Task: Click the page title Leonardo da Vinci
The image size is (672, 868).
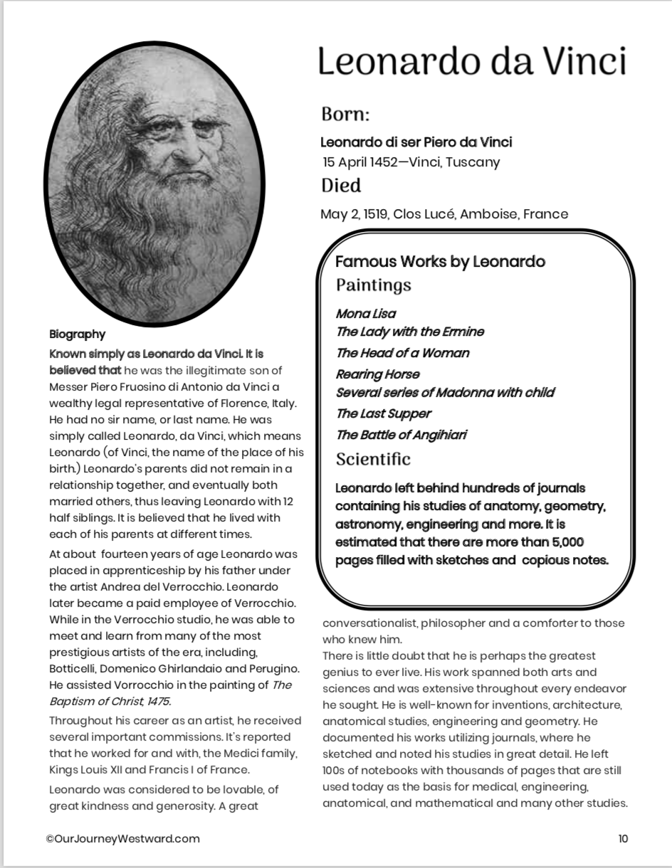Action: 472,61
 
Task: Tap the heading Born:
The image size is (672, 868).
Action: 345,115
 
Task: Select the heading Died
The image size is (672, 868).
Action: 341,186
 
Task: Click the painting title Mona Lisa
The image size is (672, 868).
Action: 366,314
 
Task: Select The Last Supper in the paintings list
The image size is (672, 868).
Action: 384,413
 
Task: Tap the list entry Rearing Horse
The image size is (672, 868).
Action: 377,374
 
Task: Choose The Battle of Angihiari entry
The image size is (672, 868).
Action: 401,435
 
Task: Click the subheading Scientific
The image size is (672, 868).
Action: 373,460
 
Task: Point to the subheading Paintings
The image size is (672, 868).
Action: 374,285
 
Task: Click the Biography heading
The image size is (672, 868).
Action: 77,334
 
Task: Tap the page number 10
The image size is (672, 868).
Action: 623,839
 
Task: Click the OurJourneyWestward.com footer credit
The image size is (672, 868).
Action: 122,839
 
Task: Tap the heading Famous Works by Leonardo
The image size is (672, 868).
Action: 440,262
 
